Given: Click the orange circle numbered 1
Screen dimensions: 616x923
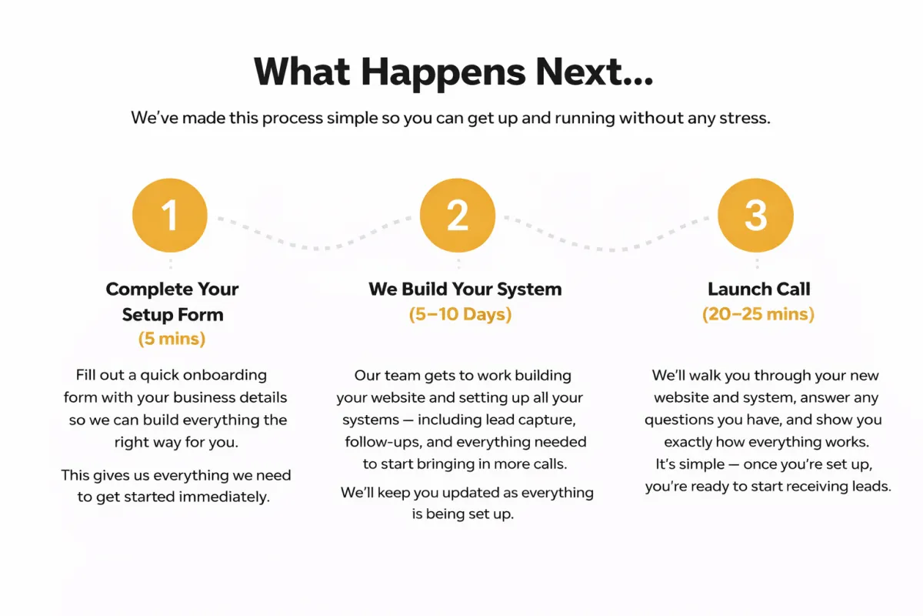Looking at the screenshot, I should (x=170, y=216).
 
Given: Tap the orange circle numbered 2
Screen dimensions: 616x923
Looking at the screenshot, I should (x=458, y=216).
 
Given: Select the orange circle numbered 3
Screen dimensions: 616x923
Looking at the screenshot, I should (x=755, y=216).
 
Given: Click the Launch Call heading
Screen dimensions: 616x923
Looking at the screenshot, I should (x=758, y=290).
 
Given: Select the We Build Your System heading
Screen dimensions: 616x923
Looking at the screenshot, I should (x=465, y=290).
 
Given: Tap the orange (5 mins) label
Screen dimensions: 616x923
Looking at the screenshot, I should (x=172, y=339).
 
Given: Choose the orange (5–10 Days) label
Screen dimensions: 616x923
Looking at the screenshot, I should (x=460, y=314).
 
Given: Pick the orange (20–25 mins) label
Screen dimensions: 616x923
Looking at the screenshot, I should (x=758, y=314).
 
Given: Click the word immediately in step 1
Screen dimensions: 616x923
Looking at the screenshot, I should (x=225, y=497).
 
